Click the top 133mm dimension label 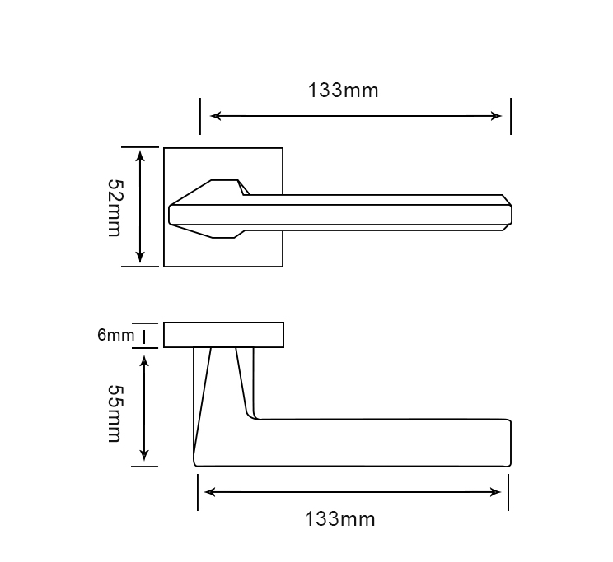tap(344, 91)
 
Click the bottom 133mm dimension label tap(339, 519)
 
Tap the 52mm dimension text tap(115, 208)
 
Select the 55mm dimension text tap(115, 414)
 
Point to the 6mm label tap(115, 335)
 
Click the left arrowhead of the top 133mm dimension tap(215, 116)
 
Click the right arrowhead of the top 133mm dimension tap(496, 116)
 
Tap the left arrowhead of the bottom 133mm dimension tap(210, 492)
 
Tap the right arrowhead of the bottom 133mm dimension tap(495, 492)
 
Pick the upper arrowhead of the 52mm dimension tap(140, 156)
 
